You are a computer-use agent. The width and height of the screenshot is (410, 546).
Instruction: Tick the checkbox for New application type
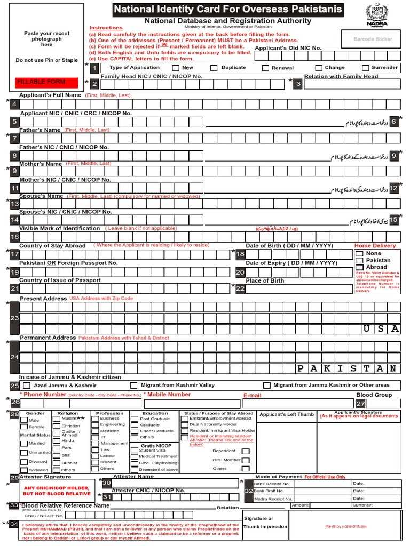(x=176, y=68)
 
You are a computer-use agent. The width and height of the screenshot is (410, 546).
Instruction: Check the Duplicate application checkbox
(x=214, y=68)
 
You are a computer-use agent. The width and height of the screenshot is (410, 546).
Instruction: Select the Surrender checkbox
(x=366, y=68)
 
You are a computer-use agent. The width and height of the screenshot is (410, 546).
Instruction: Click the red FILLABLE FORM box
(x=46, y=82)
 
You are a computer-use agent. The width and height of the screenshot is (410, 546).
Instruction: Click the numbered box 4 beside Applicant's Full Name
(x=15, y=104)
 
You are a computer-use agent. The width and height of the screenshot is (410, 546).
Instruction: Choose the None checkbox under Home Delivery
(x=359, y=254)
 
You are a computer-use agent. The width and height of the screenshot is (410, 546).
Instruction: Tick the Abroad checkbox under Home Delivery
(x=359, y=267)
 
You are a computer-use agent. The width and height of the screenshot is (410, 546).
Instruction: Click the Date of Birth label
(x=289, y=246)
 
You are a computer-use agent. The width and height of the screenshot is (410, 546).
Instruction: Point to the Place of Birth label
(x=265, y=280)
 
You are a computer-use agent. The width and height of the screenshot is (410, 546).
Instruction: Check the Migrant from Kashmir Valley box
(x=133, y=385)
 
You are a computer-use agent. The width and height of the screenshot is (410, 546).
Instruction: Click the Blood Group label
(x=374, y=395)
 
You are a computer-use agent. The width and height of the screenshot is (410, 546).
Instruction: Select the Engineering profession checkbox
(x=94, y=425)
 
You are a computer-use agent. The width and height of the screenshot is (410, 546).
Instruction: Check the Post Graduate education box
(x=135, y=419)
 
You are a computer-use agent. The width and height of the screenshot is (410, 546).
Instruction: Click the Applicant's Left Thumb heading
(x=287, y=414)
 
